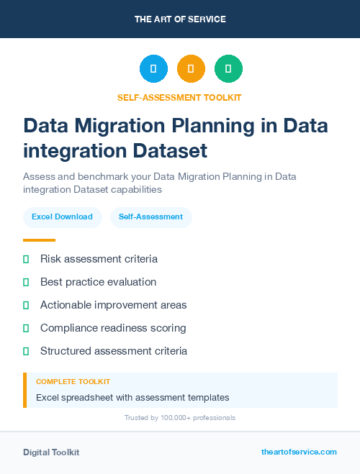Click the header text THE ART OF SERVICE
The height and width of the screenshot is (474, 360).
(180, 19)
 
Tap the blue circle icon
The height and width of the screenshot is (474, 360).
(153, 69)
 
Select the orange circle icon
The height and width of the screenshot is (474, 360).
(191, 69)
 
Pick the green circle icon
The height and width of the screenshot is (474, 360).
(228, 69)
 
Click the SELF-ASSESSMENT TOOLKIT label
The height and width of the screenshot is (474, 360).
(180, 97)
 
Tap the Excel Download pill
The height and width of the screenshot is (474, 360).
(62, 217)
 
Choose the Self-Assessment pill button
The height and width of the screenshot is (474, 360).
(150, 217)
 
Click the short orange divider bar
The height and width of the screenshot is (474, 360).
(39, 240)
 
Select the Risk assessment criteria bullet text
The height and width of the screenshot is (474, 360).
(99, 258)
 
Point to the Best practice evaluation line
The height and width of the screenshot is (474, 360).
(98, 282)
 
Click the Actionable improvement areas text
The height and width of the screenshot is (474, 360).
(113, 305)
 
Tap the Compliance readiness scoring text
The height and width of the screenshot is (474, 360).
(113, 328)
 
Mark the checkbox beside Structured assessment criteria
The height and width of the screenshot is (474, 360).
(26, 351)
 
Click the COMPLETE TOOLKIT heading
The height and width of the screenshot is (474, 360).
(73, 382)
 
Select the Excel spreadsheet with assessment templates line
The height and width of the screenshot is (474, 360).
(132, 397)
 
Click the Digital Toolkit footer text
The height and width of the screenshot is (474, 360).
(51, 452)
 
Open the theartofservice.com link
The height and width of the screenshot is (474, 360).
(299, 452)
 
